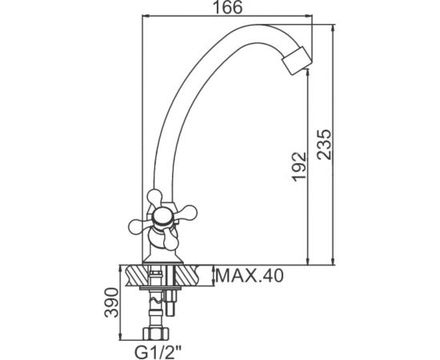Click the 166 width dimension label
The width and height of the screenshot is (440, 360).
[227, 7]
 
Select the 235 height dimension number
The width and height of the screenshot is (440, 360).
[324, 145]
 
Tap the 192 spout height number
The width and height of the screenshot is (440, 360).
[299, 166]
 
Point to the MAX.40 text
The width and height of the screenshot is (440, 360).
[250, 276]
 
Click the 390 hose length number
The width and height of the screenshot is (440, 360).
[111, 302]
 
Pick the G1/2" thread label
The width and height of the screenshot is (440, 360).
[158, 353]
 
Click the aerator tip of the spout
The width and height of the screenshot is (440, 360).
[297, 61]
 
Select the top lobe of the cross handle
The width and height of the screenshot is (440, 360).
[155, 197]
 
